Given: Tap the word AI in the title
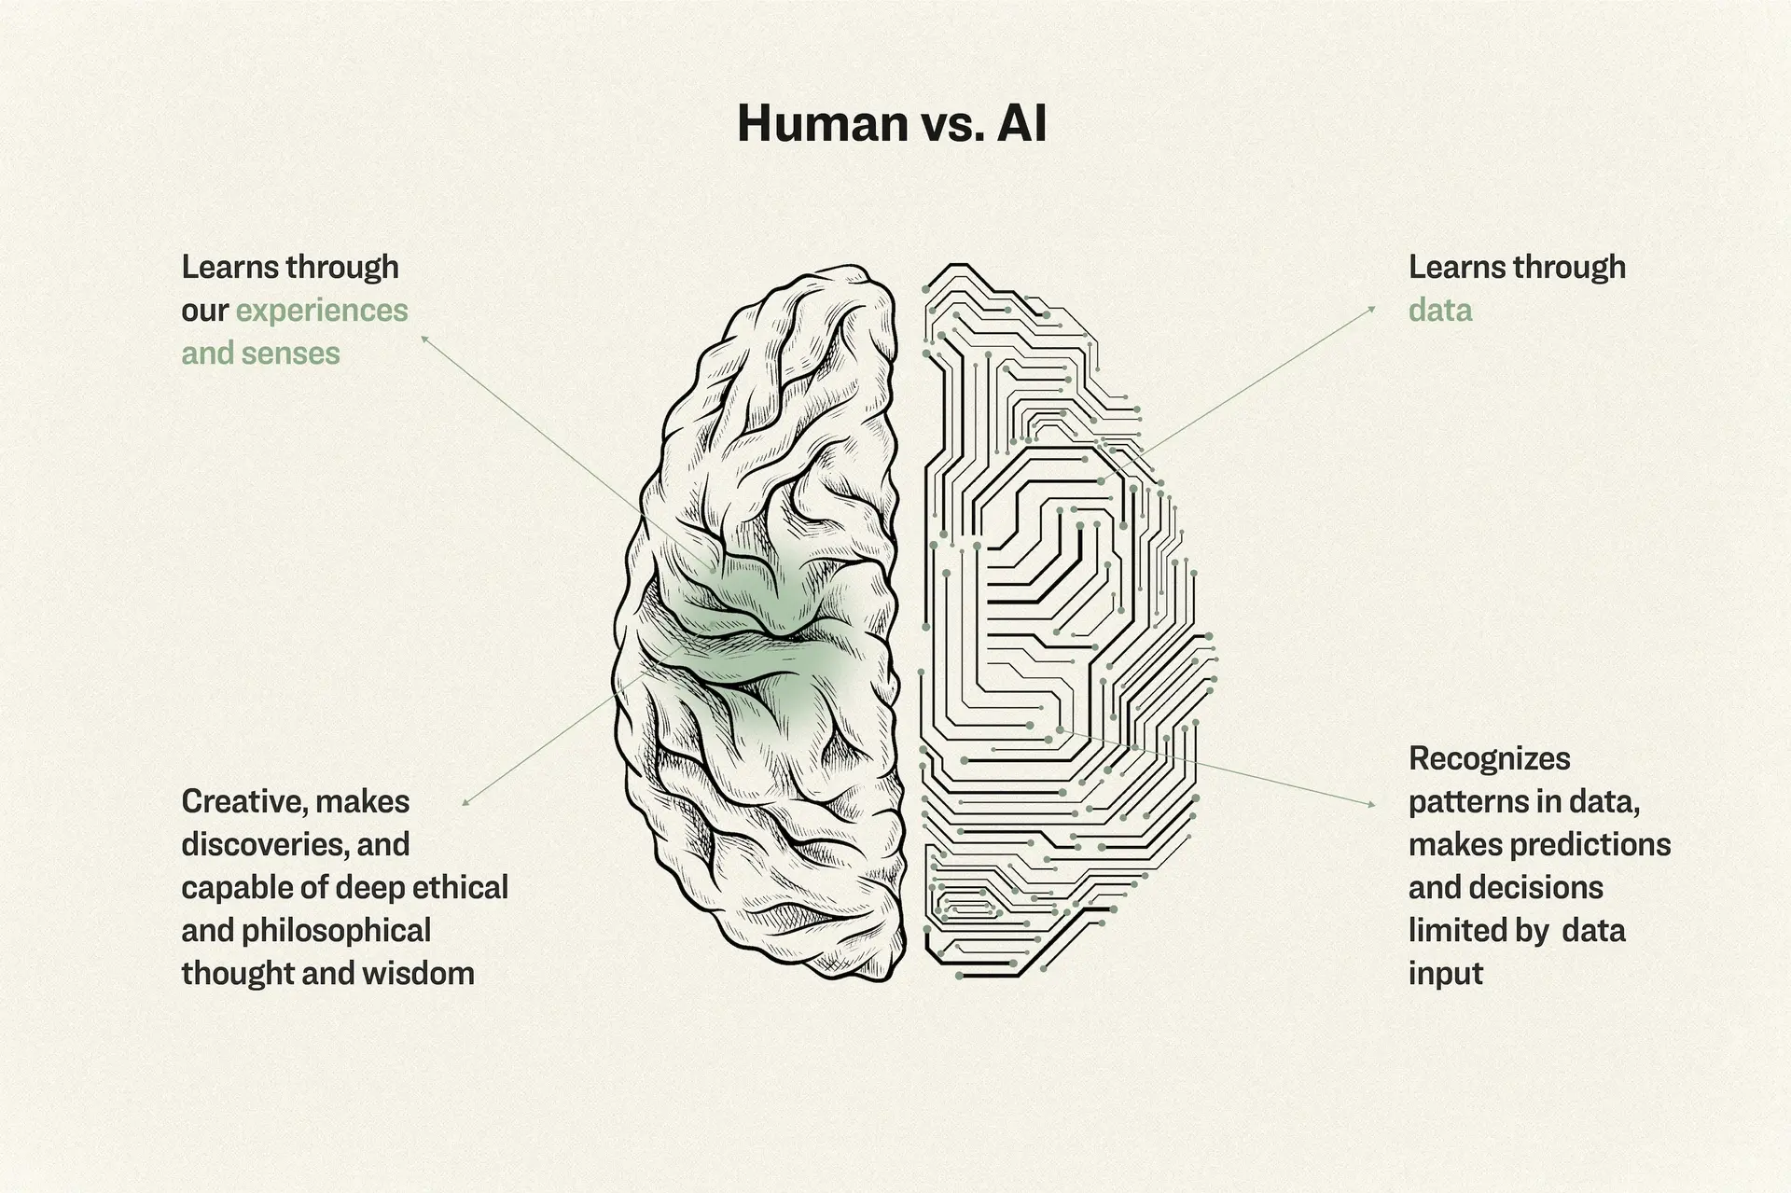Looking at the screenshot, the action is click(x=1021, y=123).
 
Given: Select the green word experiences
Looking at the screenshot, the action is click(x=322, y=312).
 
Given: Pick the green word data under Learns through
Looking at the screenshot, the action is click(x=1440, y=310).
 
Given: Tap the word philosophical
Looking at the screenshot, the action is click(x=337, y=931).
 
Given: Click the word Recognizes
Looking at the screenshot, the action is click(x=1490, y=759).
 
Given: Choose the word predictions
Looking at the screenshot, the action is click(x=1590, y=845).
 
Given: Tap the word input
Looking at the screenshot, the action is click(x=1446, y=974).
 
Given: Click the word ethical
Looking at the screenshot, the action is click(x=460, y=887).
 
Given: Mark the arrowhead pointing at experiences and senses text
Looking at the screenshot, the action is click(x=424, y=340).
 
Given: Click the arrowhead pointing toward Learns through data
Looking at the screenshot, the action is click(x=1371, y=309).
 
